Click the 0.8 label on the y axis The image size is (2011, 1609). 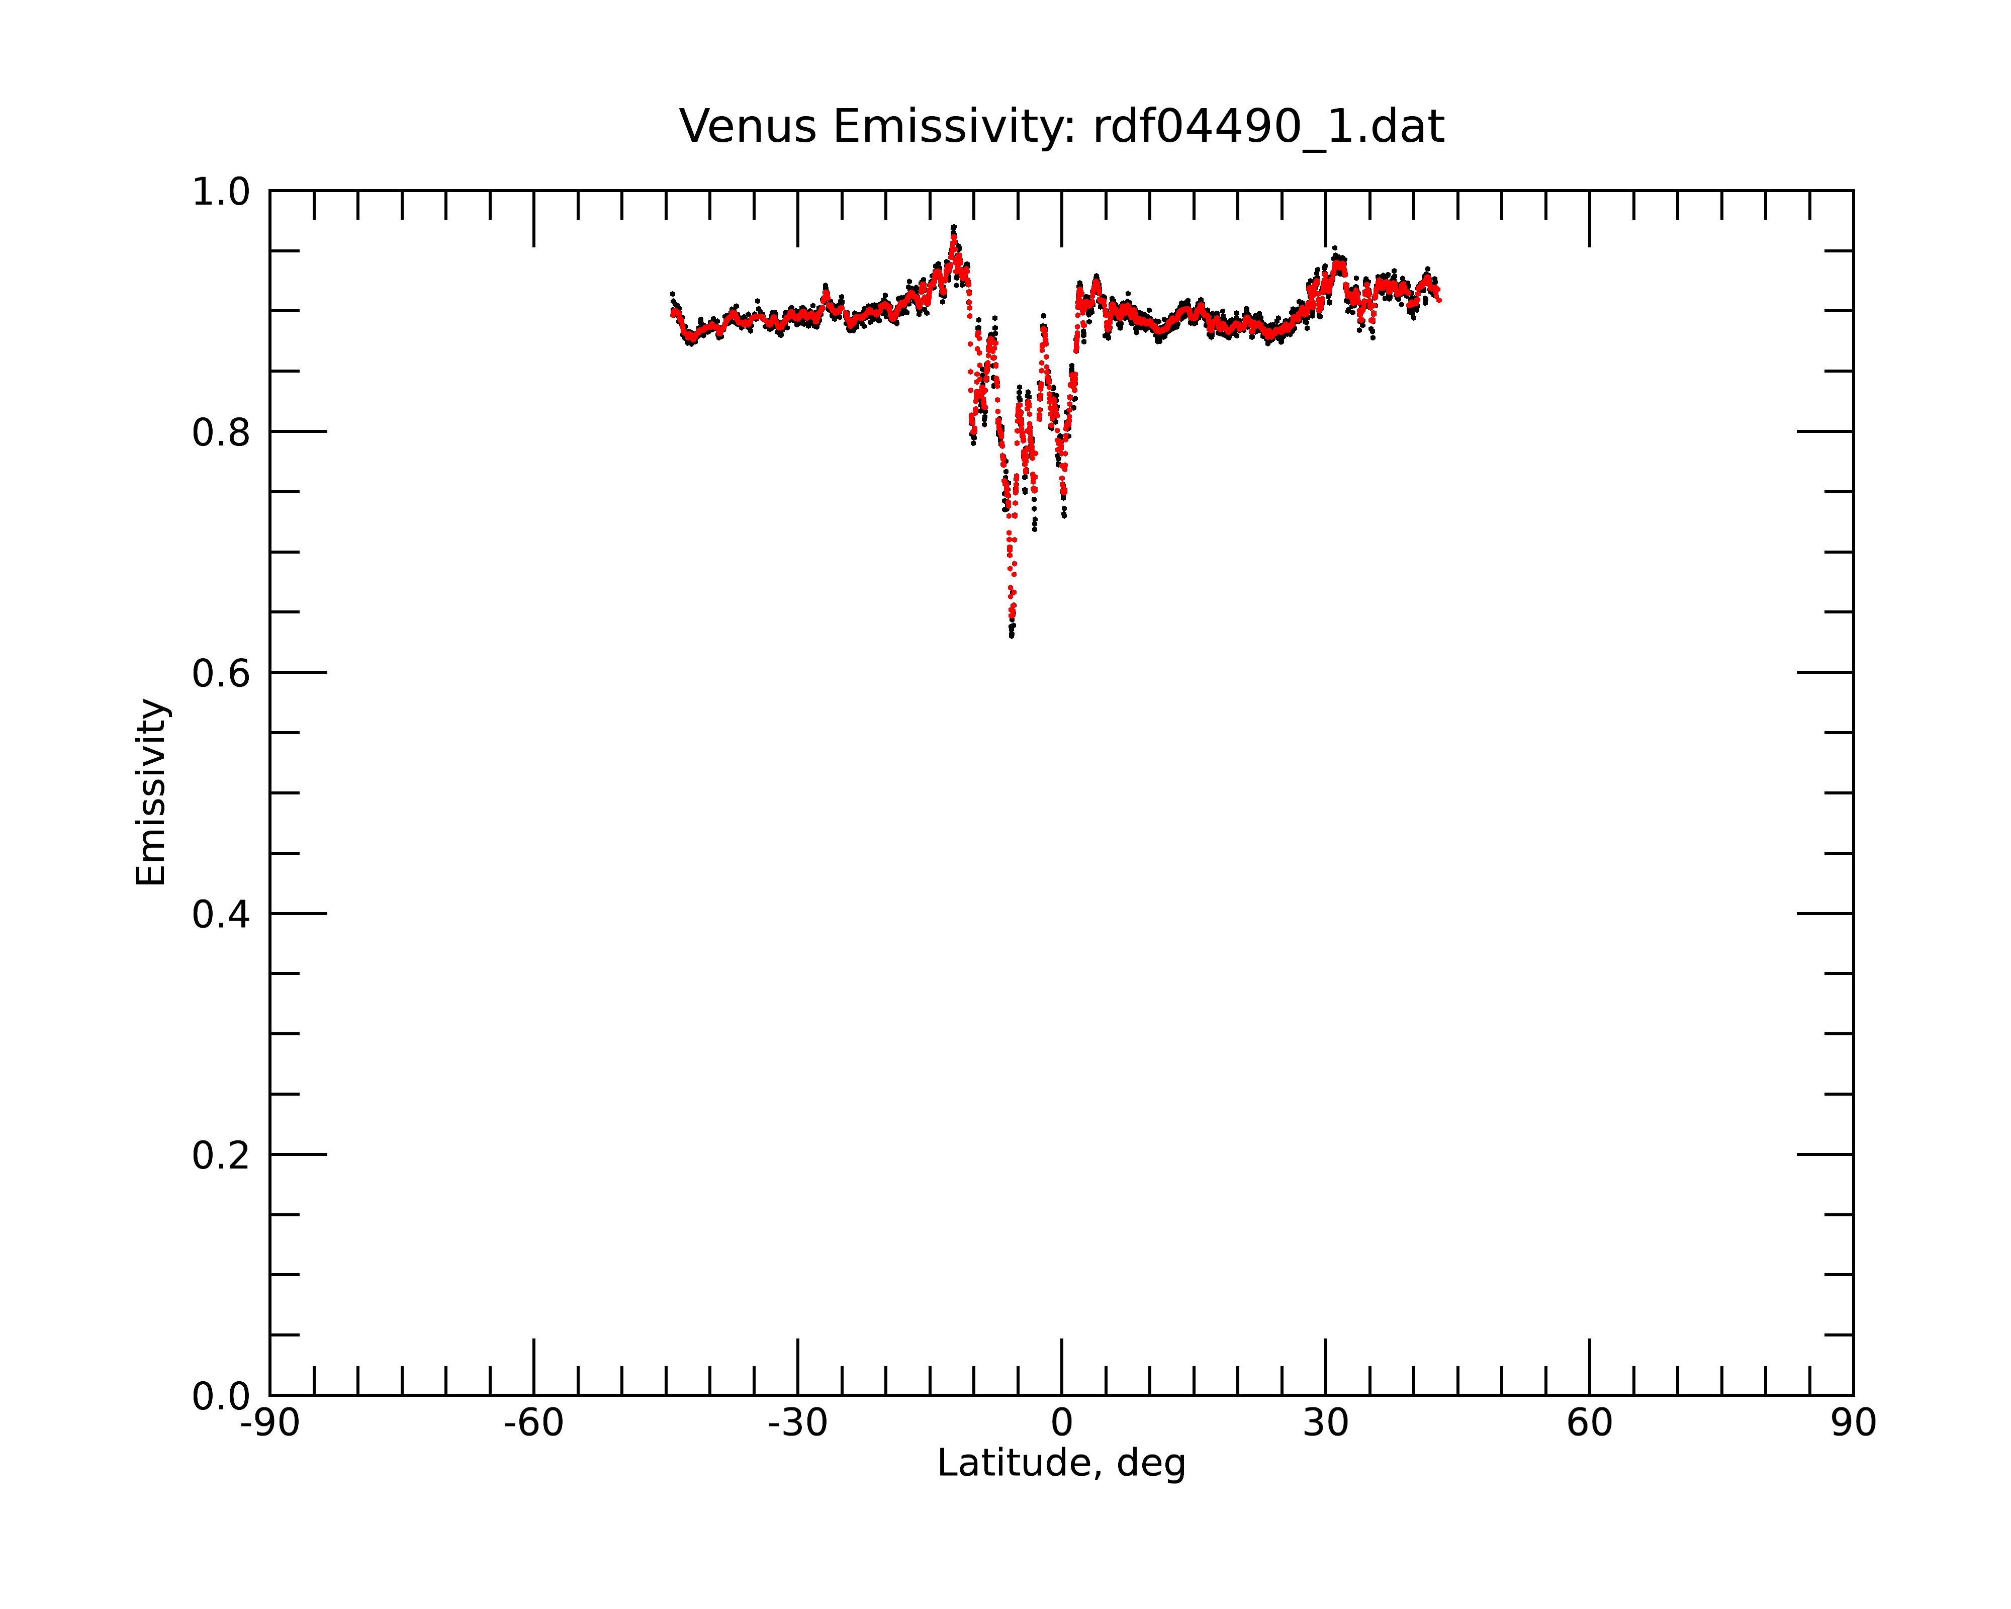point(221,433)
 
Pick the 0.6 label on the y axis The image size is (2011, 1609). point(221,673)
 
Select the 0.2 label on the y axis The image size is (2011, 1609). point(221,1155)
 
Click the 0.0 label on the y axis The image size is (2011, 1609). point(221,1396)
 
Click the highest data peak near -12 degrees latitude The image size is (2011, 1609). point(953,227)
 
